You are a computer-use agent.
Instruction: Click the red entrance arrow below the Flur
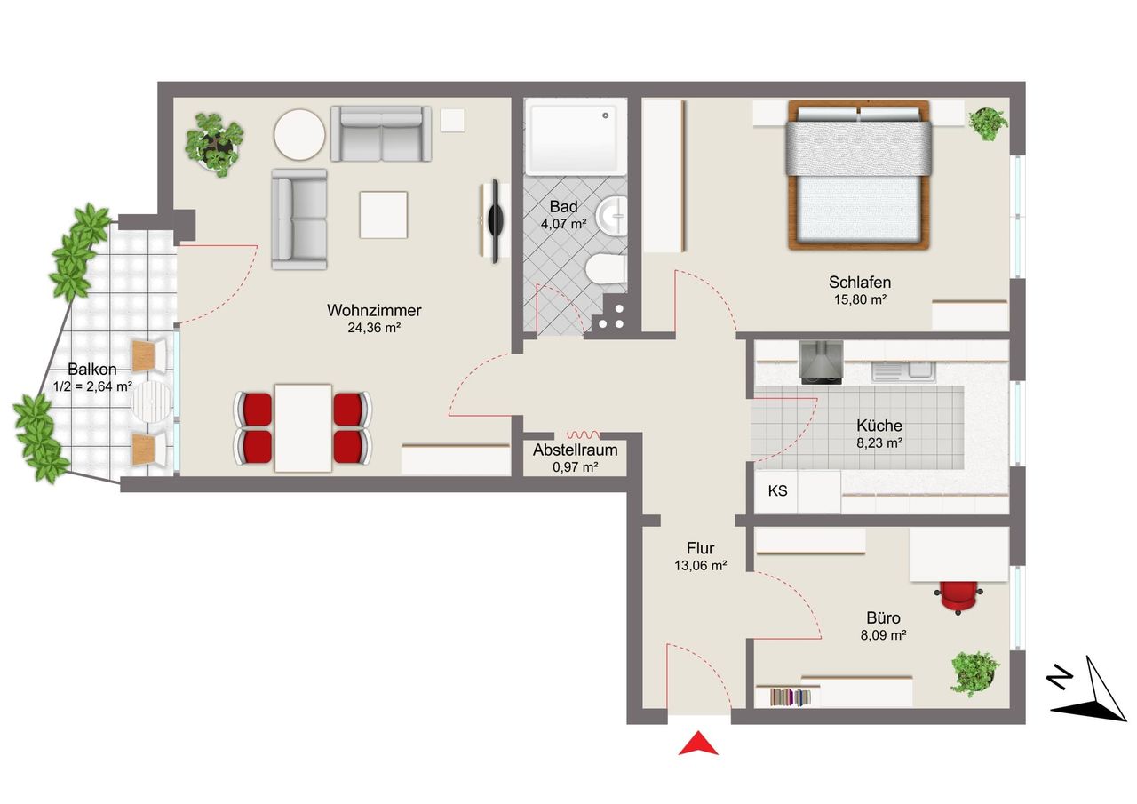[x=698, y=744]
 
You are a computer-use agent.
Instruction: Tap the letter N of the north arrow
[x=1060, y=678]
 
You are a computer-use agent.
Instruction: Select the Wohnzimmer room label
[x=374, y=310]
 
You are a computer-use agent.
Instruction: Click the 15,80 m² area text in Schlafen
[x=861, y=299]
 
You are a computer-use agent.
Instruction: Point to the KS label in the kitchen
[x=777, y=490]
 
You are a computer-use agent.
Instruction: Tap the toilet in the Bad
[x=605, y=268]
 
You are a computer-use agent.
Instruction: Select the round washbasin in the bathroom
[x=612, y=216]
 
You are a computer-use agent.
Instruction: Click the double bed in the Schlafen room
[x=859, y=175]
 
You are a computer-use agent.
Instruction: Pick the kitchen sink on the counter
[x=903, y=371]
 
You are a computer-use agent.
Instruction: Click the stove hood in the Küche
[x=822, y=362]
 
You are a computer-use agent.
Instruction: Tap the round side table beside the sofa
[x=299, y=134]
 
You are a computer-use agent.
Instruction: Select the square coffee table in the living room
[x=383, y=215]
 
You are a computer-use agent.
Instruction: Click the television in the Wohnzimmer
[x=493, y=221]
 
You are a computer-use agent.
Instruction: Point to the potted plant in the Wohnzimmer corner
[x=214, y=144]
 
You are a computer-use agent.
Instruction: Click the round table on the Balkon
[x=152, y=401]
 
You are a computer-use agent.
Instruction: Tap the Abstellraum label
[x=575, y=450]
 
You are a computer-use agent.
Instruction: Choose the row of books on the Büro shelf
[x=790, y=697]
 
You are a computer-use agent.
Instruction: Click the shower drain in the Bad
[x=606, y=115]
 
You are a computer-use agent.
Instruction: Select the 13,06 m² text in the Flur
[x=701, y=565]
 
